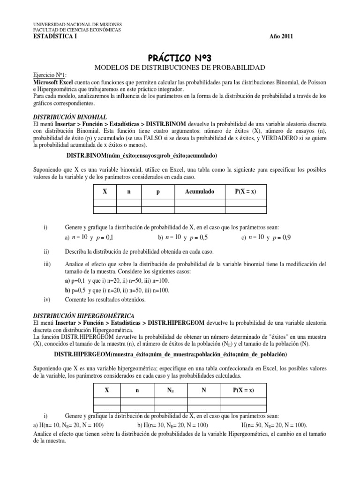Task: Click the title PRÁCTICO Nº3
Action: pos(180,58)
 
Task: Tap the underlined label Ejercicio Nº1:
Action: pos(50,75)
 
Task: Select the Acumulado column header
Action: pos(199,192)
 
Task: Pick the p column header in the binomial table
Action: pos(157,192)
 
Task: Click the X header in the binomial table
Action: pos(105,192)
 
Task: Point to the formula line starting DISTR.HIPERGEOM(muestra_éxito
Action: pos(170,353)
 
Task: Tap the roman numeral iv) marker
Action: pos(46,299)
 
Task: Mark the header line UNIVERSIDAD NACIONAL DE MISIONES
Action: pos(77,24)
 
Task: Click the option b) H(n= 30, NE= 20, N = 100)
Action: pos(172,425)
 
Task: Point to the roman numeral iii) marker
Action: pos(47,264)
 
